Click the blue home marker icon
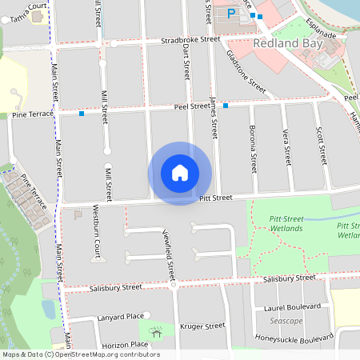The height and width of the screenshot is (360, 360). click(x=180, y=173)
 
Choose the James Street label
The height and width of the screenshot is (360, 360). click(x=213, y=118)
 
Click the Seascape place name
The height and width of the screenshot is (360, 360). click(x=286, y=322)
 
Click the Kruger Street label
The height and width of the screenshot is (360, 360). click(x=204, y=326)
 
